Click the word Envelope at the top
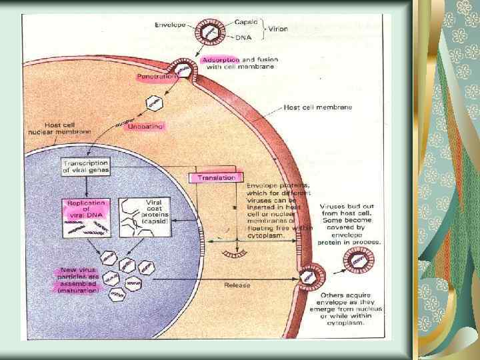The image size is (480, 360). (x=171, y=24)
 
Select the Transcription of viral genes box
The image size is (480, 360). (x=86, y=167)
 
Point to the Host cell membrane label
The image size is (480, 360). (x=318, y=107)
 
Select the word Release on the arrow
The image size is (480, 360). (x=238, y=285)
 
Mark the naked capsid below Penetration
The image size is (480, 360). (x=155, y=103)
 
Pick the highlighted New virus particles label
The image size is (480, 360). (x=78, y=279)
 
